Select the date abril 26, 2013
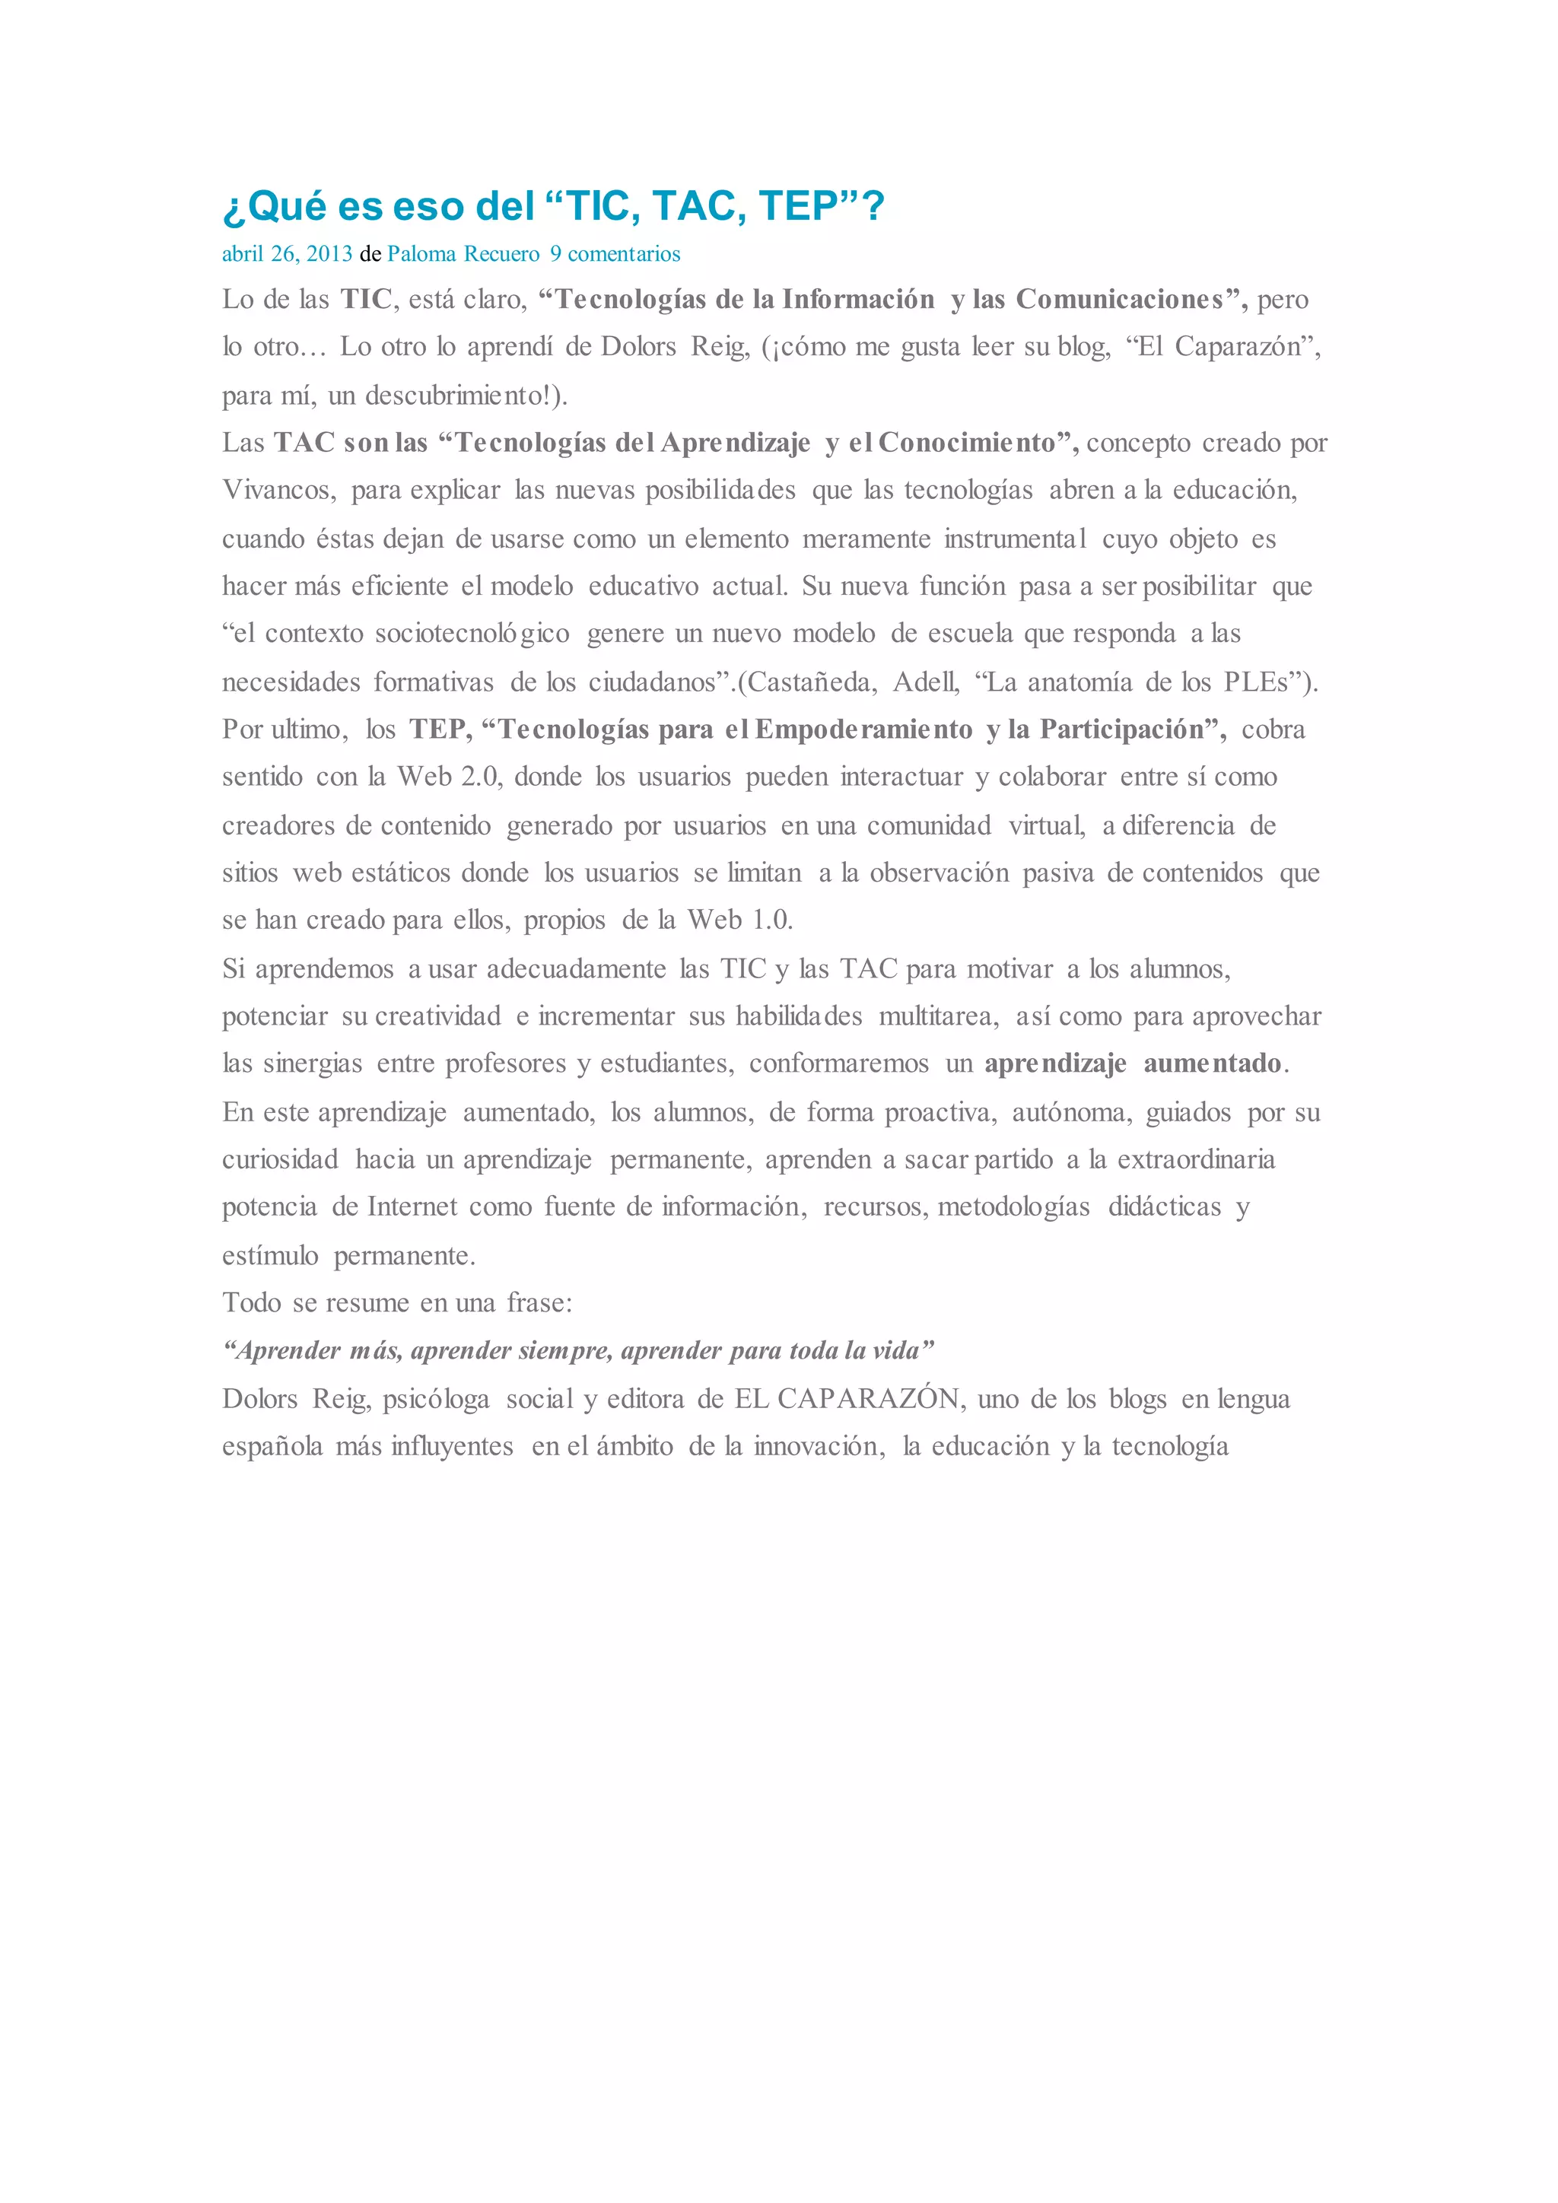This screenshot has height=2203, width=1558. (x=287, y=254)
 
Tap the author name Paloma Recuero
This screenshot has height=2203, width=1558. (x=463, y=254)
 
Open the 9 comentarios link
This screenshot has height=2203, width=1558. (x=615, y=254)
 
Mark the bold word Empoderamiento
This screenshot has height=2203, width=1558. (x=863, y=730)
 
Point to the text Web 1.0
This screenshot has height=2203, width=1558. (x=739, y=920)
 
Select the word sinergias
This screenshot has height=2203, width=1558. (x=313, y=1063)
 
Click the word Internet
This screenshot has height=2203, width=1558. (x=412, y=1207)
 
